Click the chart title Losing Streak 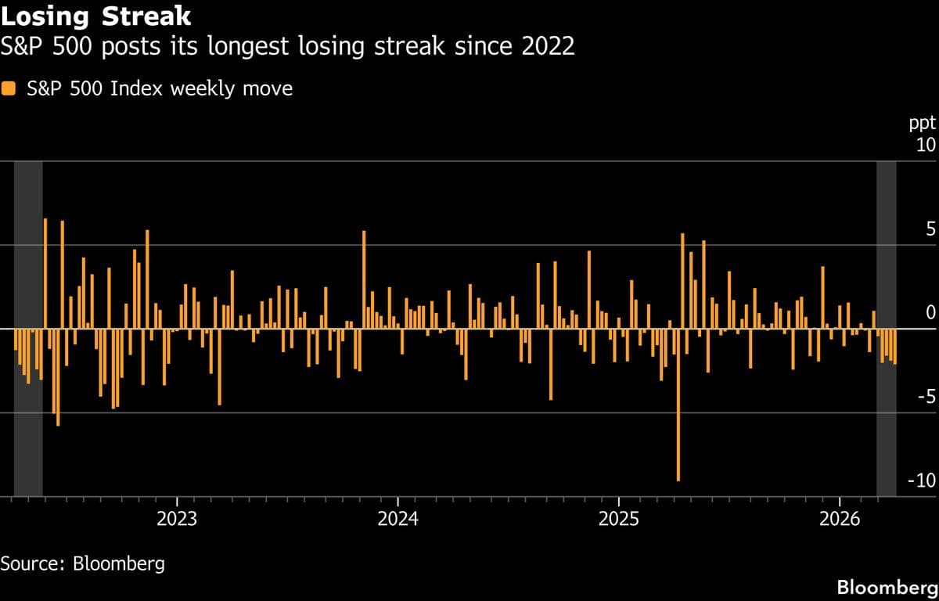[x=96, y=15]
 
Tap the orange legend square [x=9, y=89]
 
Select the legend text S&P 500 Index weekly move [x=160, y=89]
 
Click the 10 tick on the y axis [x=926, y=146]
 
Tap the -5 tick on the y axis [x=926, y=397]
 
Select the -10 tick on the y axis [x=921, y=480]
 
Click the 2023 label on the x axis [x=178, y=519]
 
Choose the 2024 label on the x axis [x=398, y=519]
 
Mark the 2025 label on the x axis [x=618, y=519]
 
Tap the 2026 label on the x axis [x=839, y=519]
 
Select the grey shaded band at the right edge [x=886, y=235]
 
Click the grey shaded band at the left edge [x=28, y=235]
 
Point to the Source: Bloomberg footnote [x=82, y=563]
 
